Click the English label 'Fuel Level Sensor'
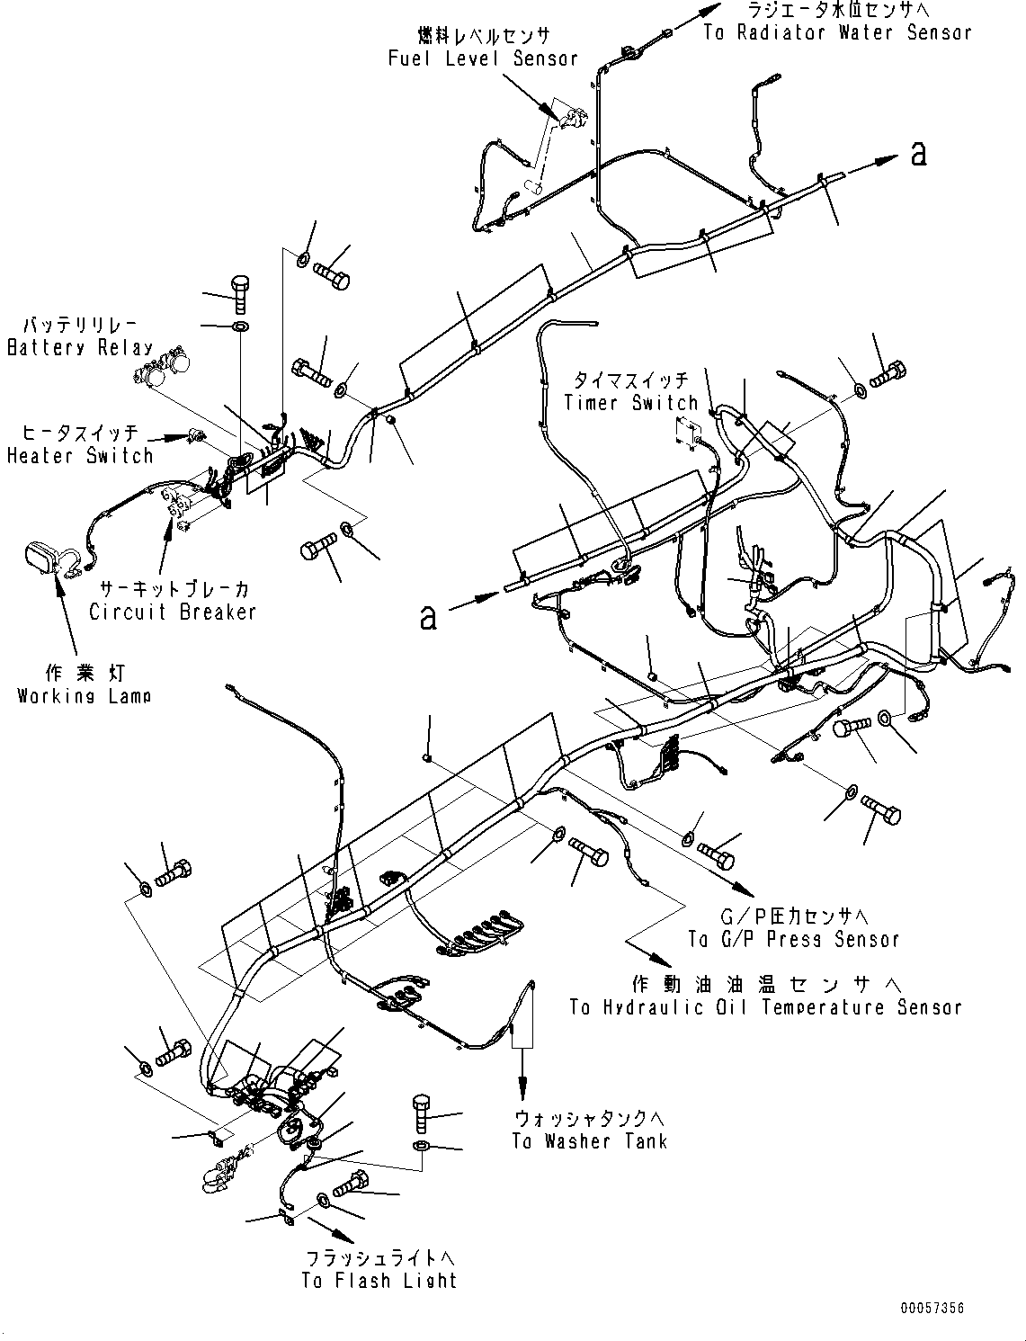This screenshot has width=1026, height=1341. [x=483, y=59]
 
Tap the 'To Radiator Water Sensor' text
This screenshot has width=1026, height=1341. [x=837, y=33]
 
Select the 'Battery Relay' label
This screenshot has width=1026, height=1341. [x=80, y=348]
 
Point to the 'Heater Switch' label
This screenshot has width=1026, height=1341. [x=80, y=456]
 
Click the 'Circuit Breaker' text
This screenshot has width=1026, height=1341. [x=173, y=612]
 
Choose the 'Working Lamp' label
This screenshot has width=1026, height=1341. [x=85, y=696]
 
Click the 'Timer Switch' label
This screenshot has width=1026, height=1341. [x=630, y=402]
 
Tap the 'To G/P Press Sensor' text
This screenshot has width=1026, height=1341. [x=794, y=940]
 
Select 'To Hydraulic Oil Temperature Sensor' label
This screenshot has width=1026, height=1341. [x=765, y=1008]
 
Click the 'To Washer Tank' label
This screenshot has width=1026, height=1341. [x=590, y=1142]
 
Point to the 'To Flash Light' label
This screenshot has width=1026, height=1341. [x=379, y=1281]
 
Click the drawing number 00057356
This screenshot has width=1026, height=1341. [x=932, y=1309]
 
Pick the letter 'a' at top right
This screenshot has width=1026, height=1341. [x=917, y=154]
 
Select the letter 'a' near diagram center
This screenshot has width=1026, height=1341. [x=429, y=618]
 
